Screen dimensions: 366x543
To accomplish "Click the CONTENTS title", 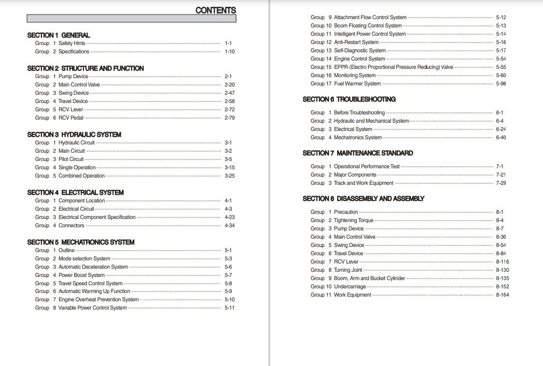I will point(215,10).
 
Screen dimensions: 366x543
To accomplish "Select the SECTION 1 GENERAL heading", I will point(58,35).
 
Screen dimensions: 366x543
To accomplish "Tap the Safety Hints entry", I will point(72,43).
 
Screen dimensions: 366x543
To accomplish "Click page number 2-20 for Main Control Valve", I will point(229,85).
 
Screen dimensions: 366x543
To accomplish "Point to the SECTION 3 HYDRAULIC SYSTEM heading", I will point(74,135).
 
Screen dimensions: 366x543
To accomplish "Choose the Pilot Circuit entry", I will point(71,159).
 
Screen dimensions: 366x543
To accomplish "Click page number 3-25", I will point(229,176).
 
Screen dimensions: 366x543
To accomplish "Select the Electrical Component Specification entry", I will point(96,217).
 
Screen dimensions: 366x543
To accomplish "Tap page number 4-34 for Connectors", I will point(229,226).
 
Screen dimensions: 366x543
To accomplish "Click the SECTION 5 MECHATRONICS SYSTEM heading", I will point(80,242).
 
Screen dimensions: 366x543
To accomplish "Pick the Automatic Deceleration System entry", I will point(93,267).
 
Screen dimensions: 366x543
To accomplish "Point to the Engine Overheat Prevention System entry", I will point(99,300).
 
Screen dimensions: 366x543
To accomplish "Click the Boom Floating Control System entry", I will point(368,26).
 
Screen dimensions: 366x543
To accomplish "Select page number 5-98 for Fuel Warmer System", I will point(501,84).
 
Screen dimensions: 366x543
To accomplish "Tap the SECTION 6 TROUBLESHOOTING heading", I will point(349,99).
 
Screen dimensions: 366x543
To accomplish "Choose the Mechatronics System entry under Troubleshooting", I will point(357,138).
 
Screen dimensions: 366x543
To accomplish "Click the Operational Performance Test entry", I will point(367,167).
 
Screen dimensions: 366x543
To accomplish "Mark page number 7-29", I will point(501,183).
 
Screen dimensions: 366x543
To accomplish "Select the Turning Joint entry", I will point(348,270).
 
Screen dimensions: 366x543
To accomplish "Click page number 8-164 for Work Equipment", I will point(503,295).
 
